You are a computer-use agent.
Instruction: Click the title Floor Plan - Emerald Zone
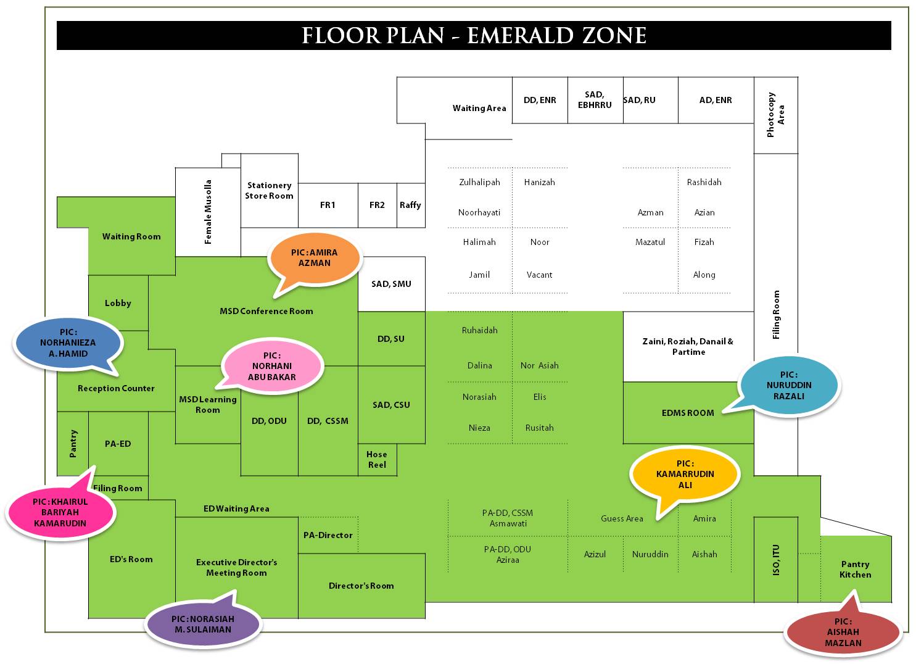tap(474, 36)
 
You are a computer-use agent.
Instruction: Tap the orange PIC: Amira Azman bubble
tap(315, 258)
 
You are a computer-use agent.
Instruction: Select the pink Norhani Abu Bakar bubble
tap(272, 366)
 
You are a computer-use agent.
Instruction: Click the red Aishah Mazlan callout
tap(843, 632)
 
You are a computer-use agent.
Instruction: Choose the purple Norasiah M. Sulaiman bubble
tap(203, 624)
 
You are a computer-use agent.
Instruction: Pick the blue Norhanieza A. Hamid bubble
tap(68, 342)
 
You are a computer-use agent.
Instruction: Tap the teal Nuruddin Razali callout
tap(789, 385)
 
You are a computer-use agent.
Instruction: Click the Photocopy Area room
tap(775, 115)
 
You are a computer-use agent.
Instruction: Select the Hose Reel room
tap(377, 460)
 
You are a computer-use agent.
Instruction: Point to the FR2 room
tap(377, 205)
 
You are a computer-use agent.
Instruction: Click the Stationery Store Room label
tap(269, 190)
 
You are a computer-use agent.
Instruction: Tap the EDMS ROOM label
tap(688, 413)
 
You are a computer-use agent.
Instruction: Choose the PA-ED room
tap(118, 444)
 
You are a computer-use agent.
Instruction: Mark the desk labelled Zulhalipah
tap(479, 182)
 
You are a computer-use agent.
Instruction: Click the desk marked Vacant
tap(539, 275)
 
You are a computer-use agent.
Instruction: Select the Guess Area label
tap(622, 518)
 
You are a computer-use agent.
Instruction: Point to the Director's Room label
tap(361, 586)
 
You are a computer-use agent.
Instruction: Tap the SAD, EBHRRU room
tap(595, 99)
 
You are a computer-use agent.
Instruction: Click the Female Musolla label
tap(208, 212)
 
